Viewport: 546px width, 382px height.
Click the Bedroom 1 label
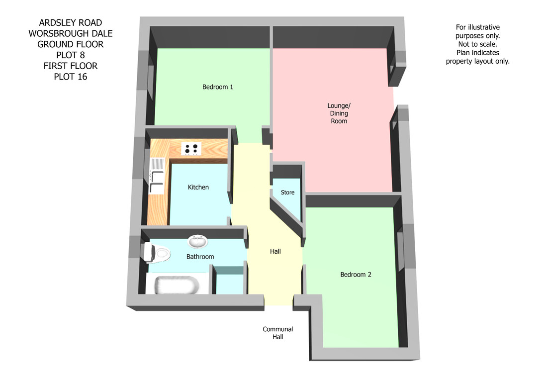(218, 87)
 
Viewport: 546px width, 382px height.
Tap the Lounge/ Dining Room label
(339, 113)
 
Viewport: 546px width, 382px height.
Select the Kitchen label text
(198, 188)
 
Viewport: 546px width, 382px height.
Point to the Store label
(287, 192)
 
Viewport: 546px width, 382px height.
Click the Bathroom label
(200, 257)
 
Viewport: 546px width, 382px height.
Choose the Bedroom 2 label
(356, 275)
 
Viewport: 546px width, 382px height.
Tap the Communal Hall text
(277, 333)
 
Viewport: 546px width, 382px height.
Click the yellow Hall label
(275, 251)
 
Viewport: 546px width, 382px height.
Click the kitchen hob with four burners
(191, 149)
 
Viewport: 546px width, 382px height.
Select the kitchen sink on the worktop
(156, 176)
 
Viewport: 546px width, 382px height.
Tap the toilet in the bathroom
(156, 253)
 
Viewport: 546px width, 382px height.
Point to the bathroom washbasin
(198, 242)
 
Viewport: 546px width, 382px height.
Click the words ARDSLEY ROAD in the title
(70, 23)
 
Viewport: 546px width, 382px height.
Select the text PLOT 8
(70, 55)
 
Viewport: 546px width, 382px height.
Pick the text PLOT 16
(70, 77)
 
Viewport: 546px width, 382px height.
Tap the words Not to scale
(477, 44)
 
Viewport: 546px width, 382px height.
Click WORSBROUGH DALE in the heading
(70, 33)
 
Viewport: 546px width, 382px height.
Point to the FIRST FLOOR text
(70, 66)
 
